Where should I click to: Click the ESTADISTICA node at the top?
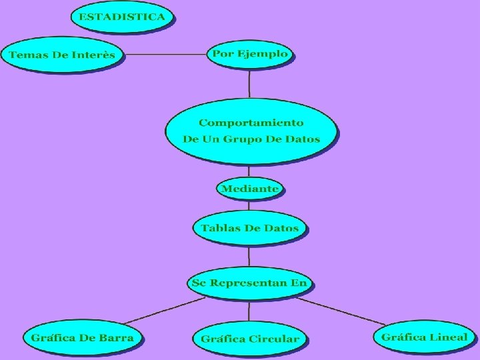(x=121, y=17)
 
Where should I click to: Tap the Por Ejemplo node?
(x=250, y=54)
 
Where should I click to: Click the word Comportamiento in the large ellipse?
(x=251, y=123)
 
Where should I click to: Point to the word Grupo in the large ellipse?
(x=242, y=139)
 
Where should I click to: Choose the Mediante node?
(x=249, y=189)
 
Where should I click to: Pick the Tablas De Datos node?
(x=250, y=228)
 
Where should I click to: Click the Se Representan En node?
(x=249, y=283)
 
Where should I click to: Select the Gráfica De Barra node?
(x=83, y=337)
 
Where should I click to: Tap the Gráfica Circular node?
(x=250, y=339)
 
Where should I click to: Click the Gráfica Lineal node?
(x=424, y=337)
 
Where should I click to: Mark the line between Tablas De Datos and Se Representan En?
(x=249, y=256)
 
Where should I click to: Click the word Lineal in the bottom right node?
(x=449, y=337)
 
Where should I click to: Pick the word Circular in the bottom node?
(x=274, y=339)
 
